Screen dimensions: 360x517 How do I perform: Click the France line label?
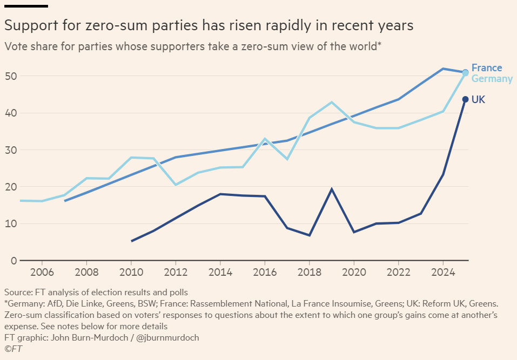point(486,68)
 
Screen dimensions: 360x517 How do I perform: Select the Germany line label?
point(492,79)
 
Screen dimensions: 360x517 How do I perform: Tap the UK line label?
point(478,99)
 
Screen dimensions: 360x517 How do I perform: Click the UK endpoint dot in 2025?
point(465,99)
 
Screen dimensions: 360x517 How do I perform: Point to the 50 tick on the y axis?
point(10,76)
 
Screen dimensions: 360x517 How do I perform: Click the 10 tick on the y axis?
point(10,223)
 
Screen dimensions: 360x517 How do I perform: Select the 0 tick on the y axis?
point(13,261)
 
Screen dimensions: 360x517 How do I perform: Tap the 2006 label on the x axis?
point(42,272)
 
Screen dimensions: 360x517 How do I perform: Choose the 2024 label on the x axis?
point(442,272)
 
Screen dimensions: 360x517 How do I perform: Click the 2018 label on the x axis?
point(309,272)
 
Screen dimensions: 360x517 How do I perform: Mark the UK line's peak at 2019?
point(332,189)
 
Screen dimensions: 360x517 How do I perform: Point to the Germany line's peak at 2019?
point(332,102)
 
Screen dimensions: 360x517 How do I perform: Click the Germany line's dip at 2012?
point(175,185)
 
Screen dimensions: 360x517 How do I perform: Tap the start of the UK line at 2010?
point(131,241)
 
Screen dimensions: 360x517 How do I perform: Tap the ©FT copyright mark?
point(13,349)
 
